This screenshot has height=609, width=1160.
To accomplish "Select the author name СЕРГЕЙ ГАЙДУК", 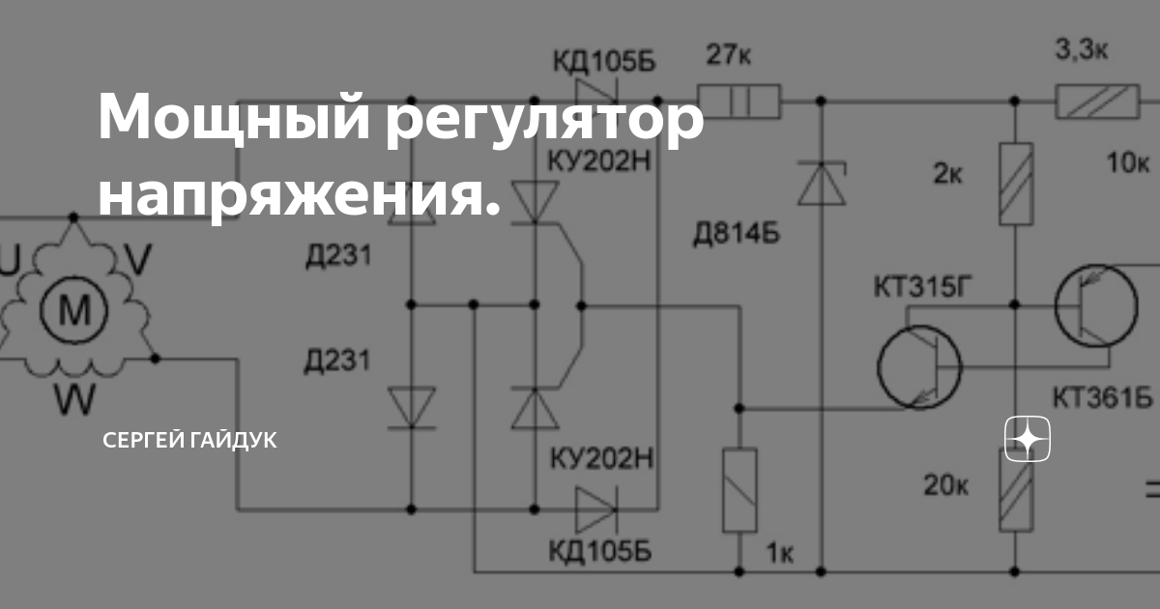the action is coord(189,441).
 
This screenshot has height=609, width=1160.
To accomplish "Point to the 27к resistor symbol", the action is coord(739,100).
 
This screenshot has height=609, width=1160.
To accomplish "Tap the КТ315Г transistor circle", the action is coord(919,366).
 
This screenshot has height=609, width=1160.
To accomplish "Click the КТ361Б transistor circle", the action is coord(1096,307).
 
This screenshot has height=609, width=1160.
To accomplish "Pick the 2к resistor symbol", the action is coord(1016,184).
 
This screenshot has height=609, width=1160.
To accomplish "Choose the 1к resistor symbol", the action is coord(739,489).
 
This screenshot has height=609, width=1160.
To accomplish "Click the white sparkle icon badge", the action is coord(1028,441).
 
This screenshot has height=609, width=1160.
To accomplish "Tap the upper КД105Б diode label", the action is coord(603,62).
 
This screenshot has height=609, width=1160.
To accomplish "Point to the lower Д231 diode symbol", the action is coord(410,407).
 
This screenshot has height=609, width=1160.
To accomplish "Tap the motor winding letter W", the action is coord(72,397).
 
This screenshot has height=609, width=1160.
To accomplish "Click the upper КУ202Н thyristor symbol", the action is coord(534,201).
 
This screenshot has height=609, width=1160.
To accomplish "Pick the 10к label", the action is coord(1128,162).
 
